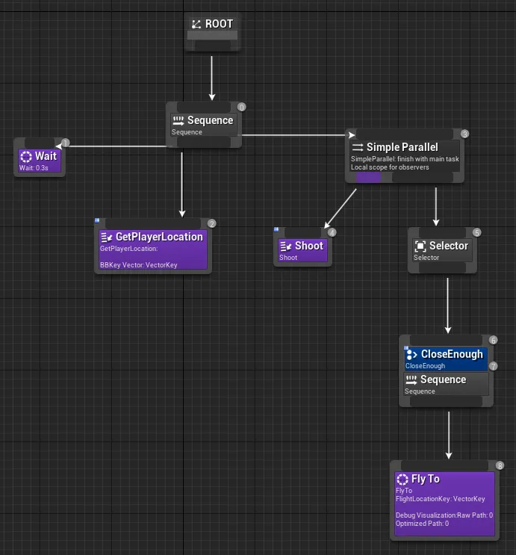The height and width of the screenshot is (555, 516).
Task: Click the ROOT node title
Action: click(x=219, y=24)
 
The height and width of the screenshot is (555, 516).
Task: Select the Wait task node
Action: click(x=39, y=161)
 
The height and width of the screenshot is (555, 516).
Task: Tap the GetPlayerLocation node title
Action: click(x=159, y=237)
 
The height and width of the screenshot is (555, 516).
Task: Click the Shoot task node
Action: click(x=302, y=251)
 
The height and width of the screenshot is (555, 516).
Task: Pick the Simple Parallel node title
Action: click(x=402, y=147)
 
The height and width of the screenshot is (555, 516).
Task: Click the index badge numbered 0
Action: click(x=241, y=108)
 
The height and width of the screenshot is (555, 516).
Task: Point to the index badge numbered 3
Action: click(x=464, y=134)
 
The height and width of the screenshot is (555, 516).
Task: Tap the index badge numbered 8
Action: click(x=500, y=465)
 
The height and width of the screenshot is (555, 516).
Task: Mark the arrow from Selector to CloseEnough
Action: click(x=447, y=306)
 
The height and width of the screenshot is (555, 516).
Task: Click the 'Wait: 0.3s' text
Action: click(x=34, y=168)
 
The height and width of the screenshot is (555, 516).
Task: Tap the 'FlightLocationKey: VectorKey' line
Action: click(x=441, y=499)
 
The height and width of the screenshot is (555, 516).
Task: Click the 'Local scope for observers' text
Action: click(x=390, y=167)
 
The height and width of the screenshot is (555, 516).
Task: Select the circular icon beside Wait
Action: click(x=26, y=157)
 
